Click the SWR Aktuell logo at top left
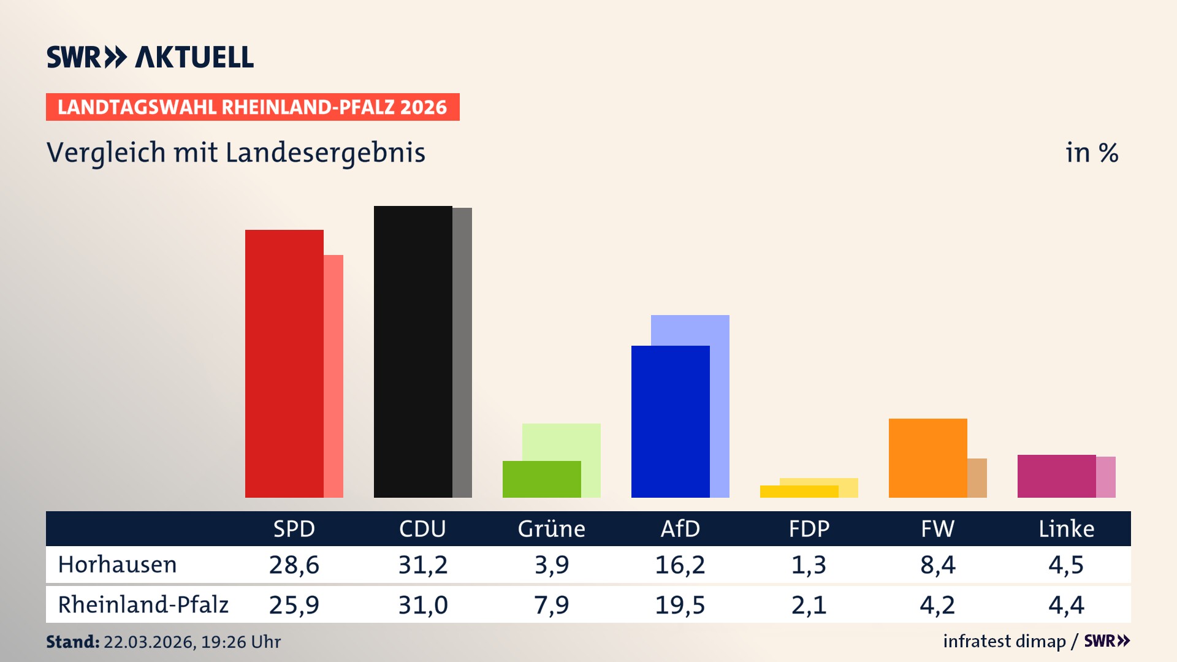[150, 57]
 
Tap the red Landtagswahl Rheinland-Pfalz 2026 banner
[253, 107]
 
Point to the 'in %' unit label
[1091, 153]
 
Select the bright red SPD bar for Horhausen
[284, 363]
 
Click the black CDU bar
[413, 352]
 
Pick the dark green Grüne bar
[542, 479]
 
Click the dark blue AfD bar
[671, 422]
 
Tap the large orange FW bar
[928, 458]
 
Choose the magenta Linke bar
[1057, 476]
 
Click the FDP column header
[809, 529]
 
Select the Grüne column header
[552, 529]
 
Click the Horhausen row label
[118, 565]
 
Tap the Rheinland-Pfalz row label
[143, 605]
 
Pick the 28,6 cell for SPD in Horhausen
[294, 565]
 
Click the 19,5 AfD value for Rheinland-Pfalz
[680, 605]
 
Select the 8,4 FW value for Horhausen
[938, 565]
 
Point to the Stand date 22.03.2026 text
[191, 642]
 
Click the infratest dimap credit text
[1004, 641]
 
